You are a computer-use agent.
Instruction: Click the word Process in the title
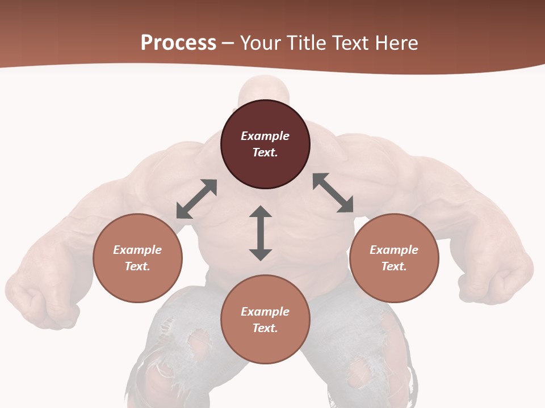click(178, 43)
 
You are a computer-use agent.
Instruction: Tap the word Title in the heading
click(308, 43)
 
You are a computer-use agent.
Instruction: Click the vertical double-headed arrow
click(261, 233)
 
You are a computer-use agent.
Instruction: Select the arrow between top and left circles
click(197, 199)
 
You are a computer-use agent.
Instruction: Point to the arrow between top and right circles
click(333, 193)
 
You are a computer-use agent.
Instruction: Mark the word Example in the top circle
click(265, 136)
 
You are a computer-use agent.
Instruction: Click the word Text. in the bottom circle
click(265, 328)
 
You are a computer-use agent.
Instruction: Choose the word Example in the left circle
click(137, 250)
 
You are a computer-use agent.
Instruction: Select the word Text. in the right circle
click(394, 266)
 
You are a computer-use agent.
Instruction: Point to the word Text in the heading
click(352, 43)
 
